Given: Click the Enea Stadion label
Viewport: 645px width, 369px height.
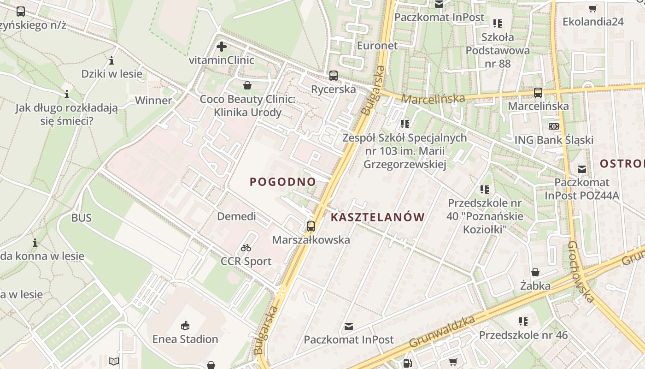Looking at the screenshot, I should (185, 339).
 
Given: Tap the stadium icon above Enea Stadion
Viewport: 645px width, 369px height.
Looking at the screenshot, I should (185, 326).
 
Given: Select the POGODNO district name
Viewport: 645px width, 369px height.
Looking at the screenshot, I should (283, 182).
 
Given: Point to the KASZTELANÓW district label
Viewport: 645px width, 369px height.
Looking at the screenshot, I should (378, 217).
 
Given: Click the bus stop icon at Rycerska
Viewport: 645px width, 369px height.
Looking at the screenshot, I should (334, 76).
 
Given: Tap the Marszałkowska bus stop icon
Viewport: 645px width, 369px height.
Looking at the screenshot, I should (311, 226).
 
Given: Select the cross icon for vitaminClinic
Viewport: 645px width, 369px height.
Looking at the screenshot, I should (222, 47).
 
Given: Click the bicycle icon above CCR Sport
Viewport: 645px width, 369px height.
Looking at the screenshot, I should (246, 248).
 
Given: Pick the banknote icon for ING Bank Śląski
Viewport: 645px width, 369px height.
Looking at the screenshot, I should (553, 126).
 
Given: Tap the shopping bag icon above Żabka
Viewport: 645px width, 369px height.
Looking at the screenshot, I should (535, 272).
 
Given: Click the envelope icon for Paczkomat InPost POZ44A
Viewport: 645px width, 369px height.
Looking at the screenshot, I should (582, 169).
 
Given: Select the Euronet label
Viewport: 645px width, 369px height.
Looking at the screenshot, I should (377, 46).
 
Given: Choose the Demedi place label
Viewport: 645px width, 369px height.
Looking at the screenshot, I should (236, 216).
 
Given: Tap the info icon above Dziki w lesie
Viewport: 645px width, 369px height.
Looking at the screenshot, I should (111, 60).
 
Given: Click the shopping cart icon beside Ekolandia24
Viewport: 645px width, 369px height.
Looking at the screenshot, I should (593, 8).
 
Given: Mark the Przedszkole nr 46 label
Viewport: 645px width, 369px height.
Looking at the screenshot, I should (523, 335).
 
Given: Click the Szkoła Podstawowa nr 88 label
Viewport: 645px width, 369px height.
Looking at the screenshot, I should (498, 50).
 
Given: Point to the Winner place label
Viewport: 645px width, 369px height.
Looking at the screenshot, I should (153, 101).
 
